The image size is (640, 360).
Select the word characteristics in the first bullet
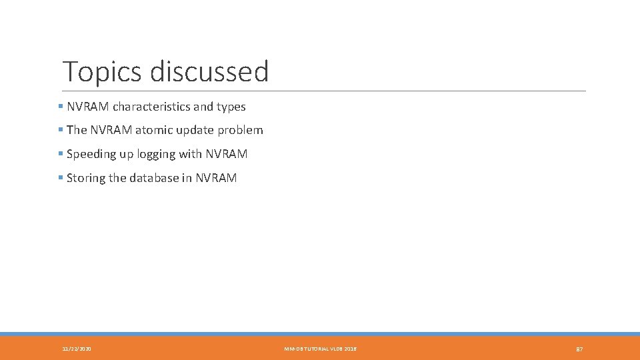[151, 107]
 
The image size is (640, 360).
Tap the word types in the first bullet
[231, 107]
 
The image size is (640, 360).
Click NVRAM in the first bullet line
[88, 107]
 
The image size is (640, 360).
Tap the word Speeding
[91, 155]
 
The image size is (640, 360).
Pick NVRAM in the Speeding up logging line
[227, 154]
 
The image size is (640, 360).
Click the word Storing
[86, 178]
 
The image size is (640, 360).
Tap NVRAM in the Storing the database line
[216, 178]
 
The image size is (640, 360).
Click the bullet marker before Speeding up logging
[61, 154]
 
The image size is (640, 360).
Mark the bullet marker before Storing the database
[61, 178]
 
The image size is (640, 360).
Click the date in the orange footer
[77, 349]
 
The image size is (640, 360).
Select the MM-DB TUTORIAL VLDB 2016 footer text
[320, 349]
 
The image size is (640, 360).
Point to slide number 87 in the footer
[579, 349]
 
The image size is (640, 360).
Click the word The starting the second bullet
[77, 130]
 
